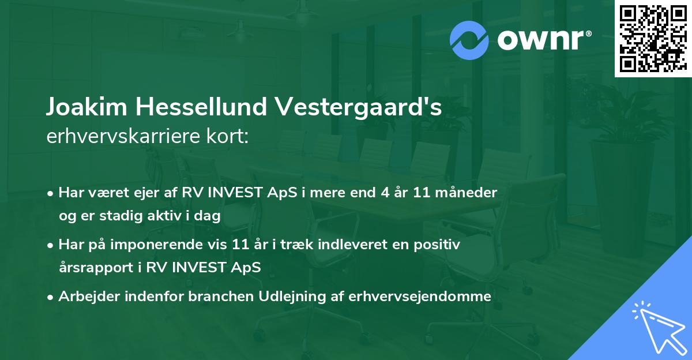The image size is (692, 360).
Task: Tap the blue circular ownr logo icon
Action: click(x=469, y=40)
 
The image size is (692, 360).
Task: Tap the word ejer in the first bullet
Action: click(x=153, y=192)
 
